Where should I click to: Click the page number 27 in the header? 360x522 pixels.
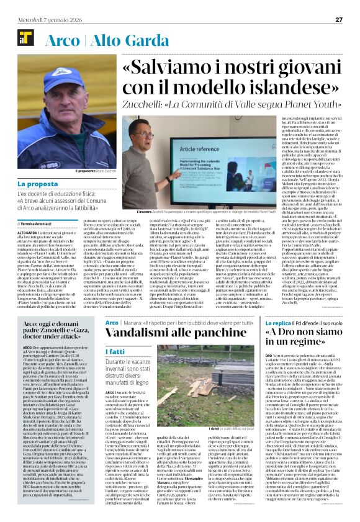pyautogui.click(x=339, y=19)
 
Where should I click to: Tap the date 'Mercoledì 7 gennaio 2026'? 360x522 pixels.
pyautogui.click(x=47, y=19)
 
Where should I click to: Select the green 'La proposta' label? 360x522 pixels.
pyautogui.click(x=38, y=184)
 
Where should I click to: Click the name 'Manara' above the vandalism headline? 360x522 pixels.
pyautogui.click(x=132, y=323)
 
